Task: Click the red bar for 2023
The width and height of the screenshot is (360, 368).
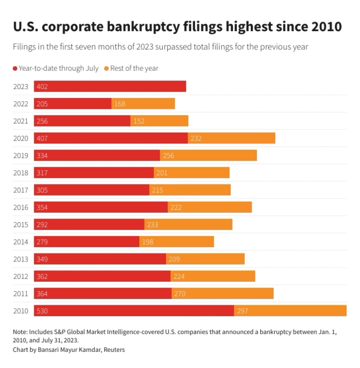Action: (110, 86)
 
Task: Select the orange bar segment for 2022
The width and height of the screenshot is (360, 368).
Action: (143, 104)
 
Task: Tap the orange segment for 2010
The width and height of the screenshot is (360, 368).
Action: (290, 311)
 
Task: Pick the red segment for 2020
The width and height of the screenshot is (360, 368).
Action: (111, 138)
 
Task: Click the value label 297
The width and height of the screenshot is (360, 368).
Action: (243, 311)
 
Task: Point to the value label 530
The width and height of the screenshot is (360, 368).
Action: (42, 311)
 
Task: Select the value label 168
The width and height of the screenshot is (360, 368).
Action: (120, 104)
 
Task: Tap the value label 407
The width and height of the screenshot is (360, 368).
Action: (42, 138)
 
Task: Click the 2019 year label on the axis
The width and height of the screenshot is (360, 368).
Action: (21, 156)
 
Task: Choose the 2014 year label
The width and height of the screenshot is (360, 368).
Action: (21, 242)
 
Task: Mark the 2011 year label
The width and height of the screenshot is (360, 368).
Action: (21, 294)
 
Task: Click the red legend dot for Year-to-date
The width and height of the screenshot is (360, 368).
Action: (15, 69)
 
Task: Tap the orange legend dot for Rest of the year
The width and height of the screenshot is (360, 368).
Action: (107, 69)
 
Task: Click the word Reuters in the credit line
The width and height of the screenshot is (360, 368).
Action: (114, 350)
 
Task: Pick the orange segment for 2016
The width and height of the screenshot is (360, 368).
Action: (210, 207)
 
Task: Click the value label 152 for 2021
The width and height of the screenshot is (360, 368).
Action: (139, 121)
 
